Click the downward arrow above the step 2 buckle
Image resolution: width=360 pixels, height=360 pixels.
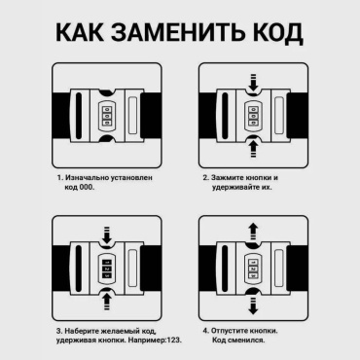(253, 82)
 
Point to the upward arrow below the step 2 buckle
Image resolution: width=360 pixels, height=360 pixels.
(253, 149)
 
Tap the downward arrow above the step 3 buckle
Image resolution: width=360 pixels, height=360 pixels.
(107, 235)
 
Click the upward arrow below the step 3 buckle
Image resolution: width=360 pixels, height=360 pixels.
(107, 302)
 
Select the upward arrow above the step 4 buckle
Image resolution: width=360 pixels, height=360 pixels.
(253, 232)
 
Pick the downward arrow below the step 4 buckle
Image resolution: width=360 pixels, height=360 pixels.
(253, 306)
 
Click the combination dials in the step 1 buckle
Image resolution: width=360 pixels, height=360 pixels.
(107, 116)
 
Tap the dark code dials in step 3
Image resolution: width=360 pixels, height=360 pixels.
(107, 269)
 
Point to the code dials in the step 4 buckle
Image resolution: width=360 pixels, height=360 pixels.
(253, 269)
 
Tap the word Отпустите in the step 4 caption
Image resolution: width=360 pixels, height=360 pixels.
(229, 331)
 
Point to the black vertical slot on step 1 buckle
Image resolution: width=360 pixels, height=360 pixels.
(78, 116)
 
